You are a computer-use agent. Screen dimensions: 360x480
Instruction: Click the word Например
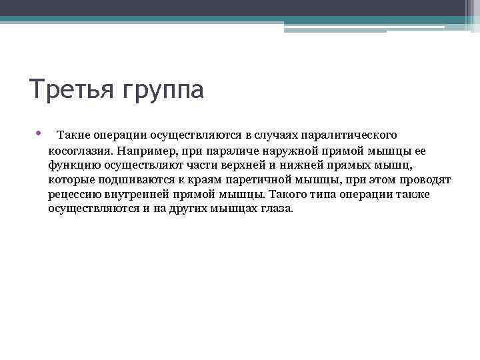point(145,150)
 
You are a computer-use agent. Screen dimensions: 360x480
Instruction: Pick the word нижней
point(295,165)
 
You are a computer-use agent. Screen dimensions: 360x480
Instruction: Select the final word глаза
point(276,209)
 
